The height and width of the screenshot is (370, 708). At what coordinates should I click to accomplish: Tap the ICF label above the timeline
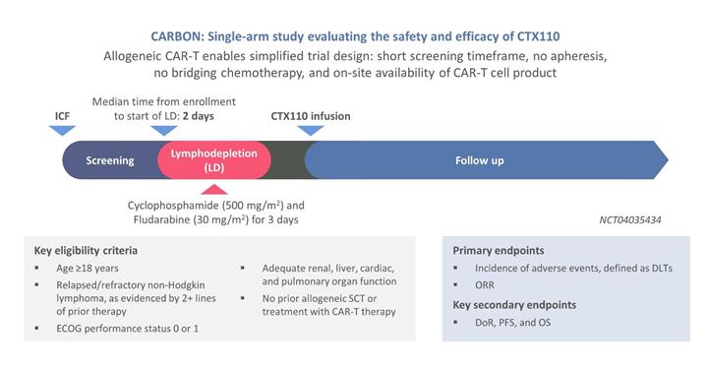(62, 116)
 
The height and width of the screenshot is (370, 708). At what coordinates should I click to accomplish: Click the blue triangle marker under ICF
(62, 131)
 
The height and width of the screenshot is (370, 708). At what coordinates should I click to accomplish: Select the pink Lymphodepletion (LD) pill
(214, 160)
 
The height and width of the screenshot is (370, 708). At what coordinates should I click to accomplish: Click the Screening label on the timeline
(110, 160)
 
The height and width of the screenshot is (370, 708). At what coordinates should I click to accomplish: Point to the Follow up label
(480, 160)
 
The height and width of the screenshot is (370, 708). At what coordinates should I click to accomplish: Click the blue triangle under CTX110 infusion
(311, 131)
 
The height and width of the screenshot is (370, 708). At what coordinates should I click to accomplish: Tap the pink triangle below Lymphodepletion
(214, 189)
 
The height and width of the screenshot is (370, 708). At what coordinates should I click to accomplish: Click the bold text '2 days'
(199, 116)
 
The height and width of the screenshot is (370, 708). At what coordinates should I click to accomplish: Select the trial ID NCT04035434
(630, 220)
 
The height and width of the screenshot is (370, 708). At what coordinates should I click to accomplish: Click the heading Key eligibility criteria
(86, 251)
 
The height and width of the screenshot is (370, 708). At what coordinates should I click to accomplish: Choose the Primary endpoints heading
(499, 251)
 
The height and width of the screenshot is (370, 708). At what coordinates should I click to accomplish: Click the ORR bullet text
(485, 285)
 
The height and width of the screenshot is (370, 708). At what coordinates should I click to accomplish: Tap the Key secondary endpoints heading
(514, 305)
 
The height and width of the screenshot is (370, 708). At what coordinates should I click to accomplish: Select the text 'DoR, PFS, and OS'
(513, 323)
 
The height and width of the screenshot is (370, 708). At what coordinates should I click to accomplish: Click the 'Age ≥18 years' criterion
(88, 269)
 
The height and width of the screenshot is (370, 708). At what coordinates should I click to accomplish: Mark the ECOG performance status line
(127, 329)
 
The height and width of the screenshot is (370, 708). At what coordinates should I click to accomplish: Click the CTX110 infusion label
(311, 116)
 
